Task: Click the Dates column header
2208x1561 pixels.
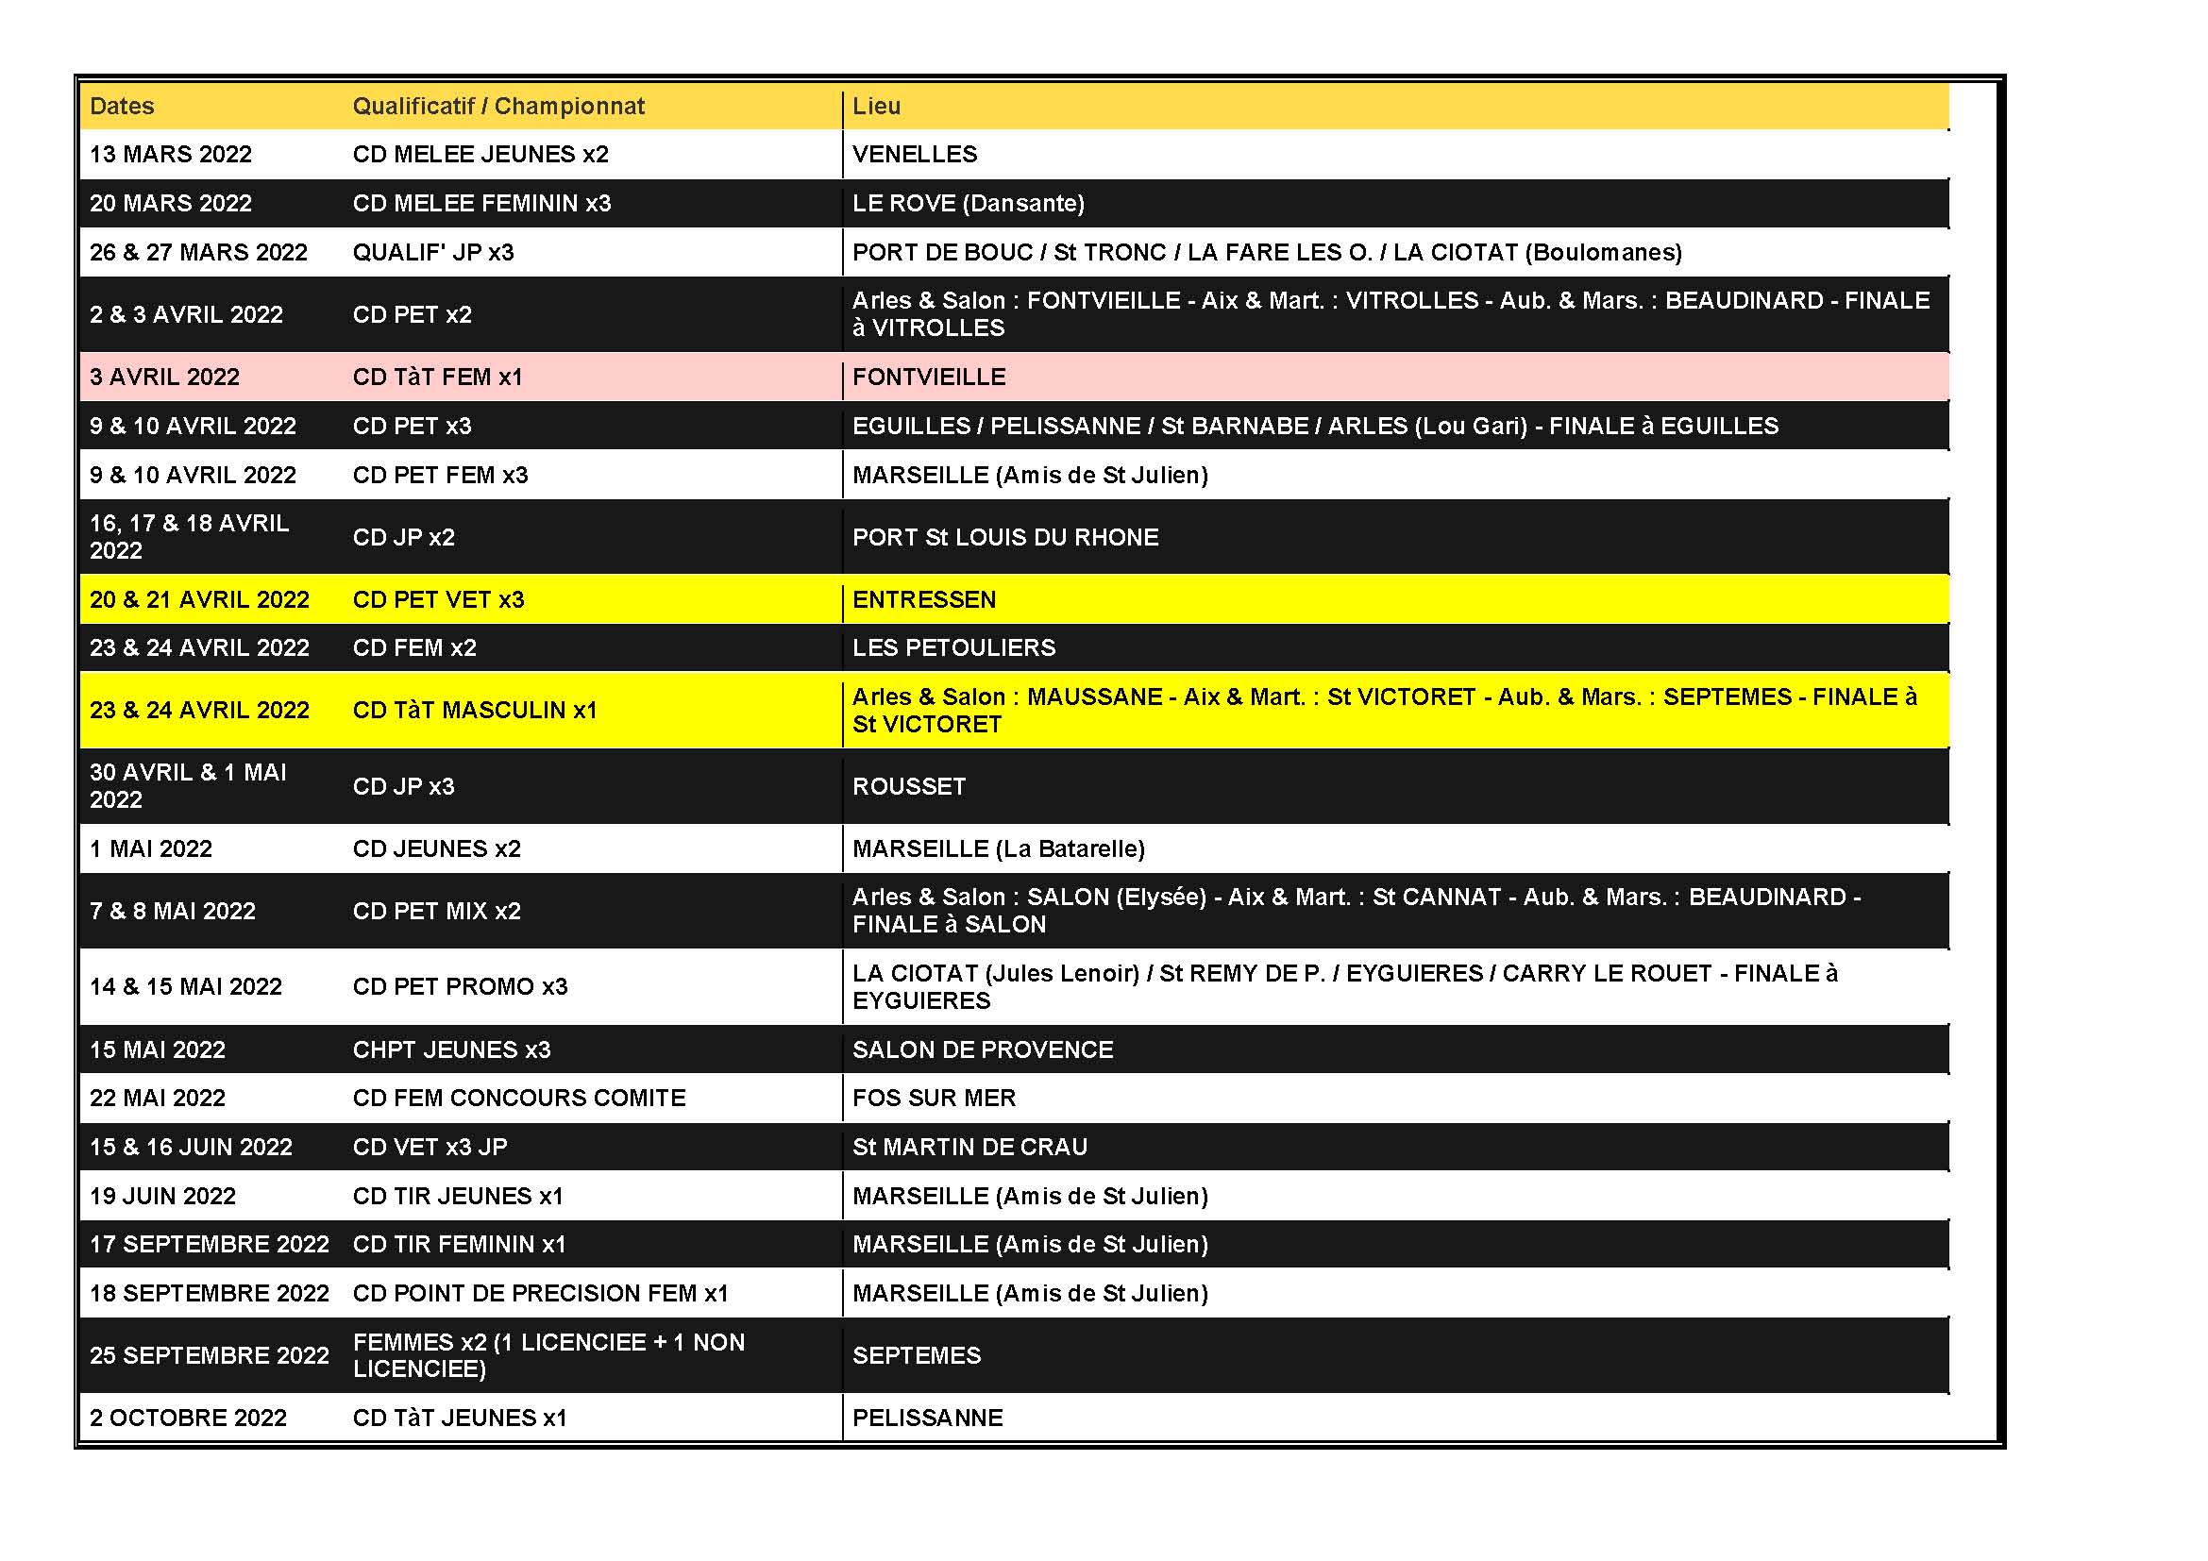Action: (122, 106)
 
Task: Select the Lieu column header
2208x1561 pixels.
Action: (876, 106)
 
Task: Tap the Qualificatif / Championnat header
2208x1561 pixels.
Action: (498, 106)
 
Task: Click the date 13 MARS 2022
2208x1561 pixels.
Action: (170, 154)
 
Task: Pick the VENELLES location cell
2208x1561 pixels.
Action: (914, 154)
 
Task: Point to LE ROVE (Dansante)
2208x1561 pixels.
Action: (968, 203)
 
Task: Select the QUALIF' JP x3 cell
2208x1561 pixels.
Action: (432, 252)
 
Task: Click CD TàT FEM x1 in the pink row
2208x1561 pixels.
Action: (438, 377)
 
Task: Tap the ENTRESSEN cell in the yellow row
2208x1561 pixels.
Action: (923, 600)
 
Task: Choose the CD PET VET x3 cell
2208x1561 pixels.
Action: (439, 600)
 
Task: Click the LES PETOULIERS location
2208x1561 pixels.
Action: (953, 647)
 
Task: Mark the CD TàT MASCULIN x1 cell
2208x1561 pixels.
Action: (474, 711)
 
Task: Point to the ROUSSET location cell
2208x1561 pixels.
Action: (909, 786)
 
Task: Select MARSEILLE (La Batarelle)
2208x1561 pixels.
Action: (998, 848)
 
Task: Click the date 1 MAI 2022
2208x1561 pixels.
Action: (151, 848)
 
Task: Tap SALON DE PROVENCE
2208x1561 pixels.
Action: (982, 1049)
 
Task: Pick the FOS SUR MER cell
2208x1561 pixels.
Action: (933, 1098)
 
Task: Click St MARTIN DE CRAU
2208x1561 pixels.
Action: (969, 1147)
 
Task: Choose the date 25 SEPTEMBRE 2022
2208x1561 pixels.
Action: (209, 1355)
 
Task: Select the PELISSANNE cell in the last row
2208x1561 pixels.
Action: (927, 1418)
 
